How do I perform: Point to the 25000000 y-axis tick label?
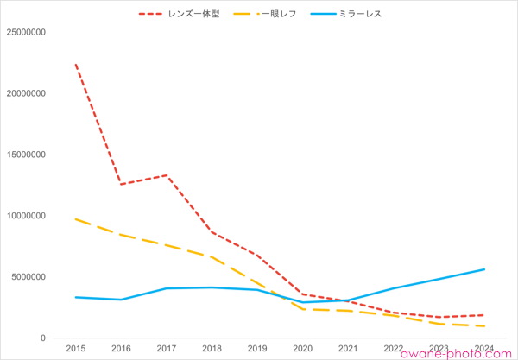coord(25,33)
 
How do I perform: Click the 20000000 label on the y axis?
coord(25,94)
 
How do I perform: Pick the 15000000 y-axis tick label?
coord(25,155)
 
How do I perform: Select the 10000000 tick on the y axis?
coord(25,217)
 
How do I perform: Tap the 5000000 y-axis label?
coord(28,277)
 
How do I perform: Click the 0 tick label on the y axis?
coord(43,338)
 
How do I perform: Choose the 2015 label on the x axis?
coord(75,349)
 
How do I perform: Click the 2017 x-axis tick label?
coord(166,349)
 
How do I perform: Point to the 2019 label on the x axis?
coord(257,349)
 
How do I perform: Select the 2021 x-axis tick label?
coord(348,349)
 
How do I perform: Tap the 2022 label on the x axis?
coord(394,349)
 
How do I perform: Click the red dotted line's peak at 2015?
coord(75,64)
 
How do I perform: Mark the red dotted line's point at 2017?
coord(166,175)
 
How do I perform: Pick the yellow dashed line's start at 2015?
coord(75,219)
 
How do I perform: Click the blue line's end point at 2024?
coord(484,269)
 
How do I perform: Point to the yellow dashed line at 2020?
coord(302,309)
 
